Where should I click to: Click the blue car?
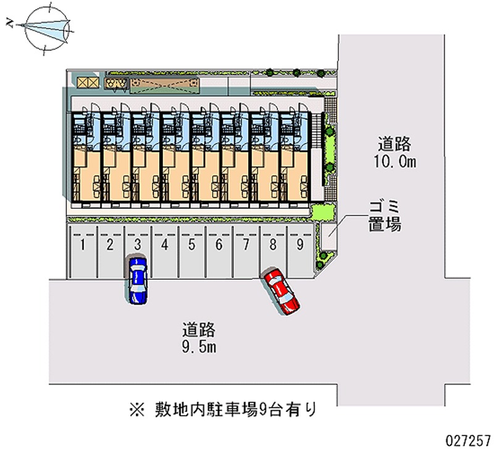click(137, 280)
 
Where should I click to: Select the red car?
click(282, 291)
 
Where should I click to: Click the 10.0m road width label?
click(395, 162)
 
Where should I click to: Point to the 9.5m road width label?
click(199, 347)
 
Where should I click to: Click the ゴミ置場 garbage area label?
click(383, 216)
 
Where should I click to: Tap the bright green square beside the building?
click(322, 212)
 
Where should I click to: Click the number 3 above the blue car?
click(138, 245)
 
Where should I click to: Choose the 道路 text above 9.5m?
click(199, 329)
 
